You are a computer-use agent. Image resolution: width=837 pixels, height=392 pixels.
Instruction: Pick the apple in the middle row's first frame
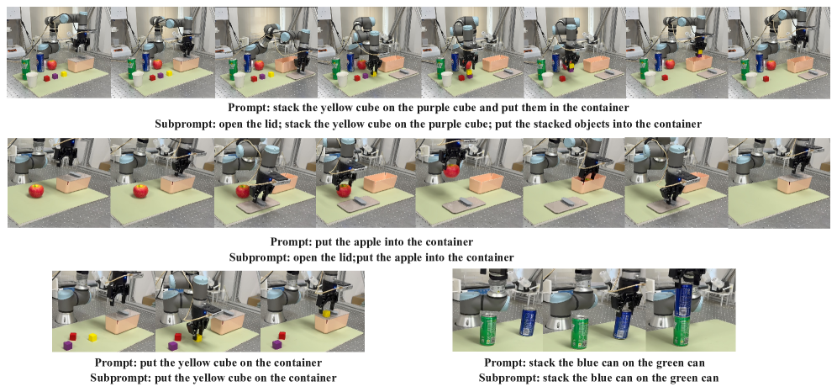(x=36, y=190)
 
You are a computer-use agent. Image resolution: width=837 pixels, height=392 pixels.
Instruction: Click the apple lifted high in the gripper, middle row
(x=452, y=171)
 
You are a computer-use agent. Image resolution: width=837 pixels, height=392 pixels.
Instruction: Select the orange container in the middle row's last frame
(x=792, y=183)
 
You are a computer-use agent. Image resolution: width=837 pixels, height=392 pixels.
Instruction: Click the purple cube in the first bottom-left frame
(x=68, y=346)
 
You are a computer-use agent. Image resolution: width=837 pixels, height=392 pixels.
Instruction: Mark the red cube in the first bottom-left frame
(x=74, y=336)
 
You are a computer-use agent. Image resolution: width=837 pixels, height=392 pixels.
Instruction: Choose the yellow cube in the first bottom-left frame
(x=92, y=337)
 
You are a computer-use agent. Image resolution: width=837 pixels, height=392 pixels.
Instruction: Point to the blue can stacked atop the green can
(x=685, y=300)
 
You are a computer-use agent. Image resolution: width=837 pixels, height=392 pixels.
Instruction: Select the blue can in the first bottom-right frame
(x=528, y=322)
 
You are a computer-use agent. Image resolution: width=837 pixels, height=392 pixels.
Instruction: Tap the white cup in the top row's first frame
(x=32, y=80)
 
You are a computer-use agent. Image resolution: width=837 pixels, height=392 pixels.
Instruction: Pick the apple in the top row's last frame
(x=771, y=65)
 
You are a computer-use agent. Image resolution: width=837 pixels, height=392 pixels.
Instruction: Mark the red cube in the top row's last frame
(x=766, y=79)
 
